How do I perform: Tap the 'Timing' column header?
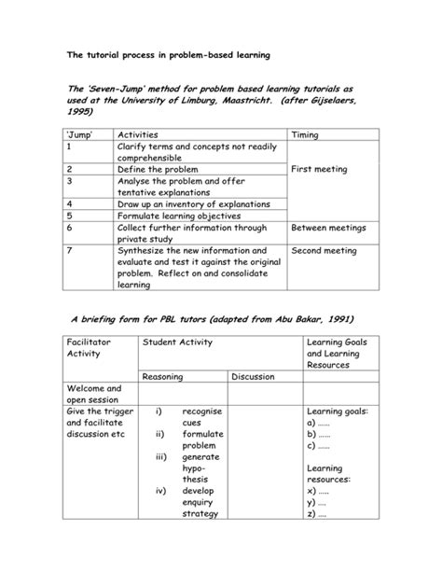(x=306, y=134)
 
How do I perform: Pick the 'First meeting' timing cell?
(x=319, y=170)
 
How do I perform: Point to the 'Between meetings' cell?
(x=328, y=228)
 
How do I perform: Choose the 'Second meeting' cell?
(x=323, y=250)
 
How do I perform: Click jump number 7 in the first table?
(x=69, y=250)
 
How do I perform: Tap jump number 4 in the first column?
(x=69, y=201)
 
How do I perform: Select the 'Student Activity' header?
(x=177, y=343)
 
